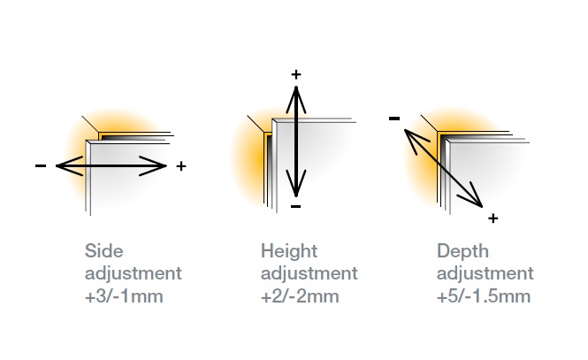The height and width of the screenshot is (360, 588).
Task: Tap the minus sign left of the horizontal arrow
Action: (41, 166)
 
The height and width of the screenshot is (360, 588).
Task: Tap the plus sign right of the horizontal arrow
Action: (181, 166)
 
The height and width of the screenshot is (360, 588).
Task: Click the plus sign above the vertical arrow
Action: (295, 74)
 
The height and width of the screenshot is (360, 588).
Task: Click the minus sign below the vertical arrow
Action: (295, 207)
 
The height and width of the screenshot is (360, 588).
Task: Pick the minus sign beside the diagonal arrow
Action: (394, 118)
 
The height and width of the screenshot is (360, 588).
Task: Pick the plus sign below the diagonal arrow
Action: (493, 218)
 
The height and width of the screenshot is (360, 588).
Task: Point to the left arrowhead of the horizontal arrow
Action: (62, 165)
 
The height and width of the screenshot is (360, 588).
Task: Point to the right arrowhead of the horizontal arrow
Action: (160, 165)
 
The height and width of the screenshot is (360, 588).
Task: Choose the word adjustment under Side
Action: (133, 273)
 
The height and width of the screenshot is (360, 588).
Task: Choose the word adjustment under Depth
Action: (485, 273)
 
